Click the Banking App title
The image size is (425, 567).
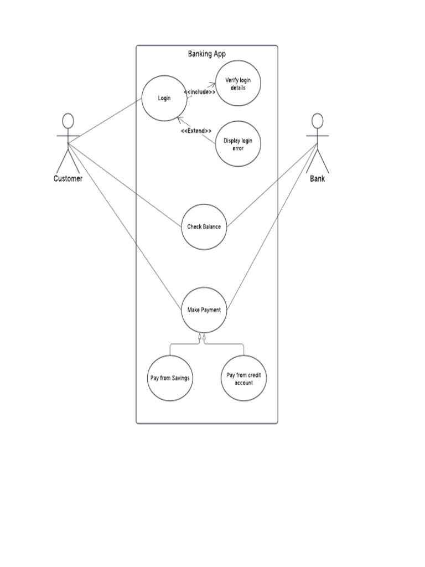[x=206, y=54]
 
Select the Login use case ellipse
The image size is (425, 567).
[x=164, y=99]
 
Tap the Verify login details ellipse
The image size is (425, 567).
[x=238, y=84]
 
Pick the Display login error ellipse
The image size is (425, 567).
[x=237, y=144]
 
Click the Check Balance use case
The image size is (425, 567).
[x=204, y=226]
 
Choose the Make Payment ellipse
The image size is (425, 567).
[x=204, y=310]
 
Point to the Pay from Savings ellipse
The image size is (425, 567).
[x=170, y=378]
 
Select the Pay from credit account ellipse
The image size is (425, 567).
[x=243, y=379]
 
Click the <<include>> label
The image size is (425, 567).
[x=199, y=92]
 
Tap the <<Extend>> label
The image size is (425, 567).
[x=196, y=131]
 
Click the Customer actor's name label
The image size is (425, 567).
[x=68, y=178]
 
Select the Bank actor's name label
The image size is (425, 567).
[x=318, y=178]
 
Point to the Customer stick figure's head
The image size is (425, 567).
[x=68, y=120]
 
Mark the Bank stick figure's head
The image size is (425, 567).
[x=317, y=120]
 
